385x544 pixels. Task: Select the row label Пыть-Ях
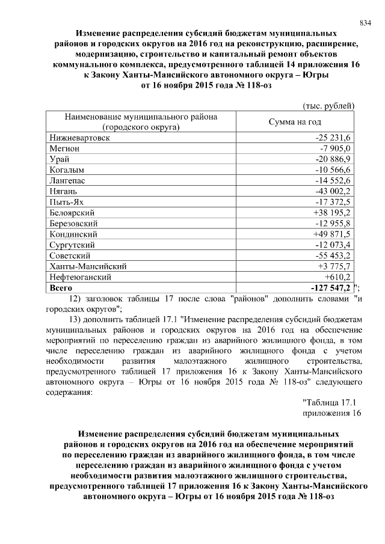pos(64,202)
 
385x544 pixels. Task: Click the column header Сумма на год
pos(294,122)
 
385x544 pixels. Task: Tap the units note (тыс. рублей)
pos(328,106)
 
